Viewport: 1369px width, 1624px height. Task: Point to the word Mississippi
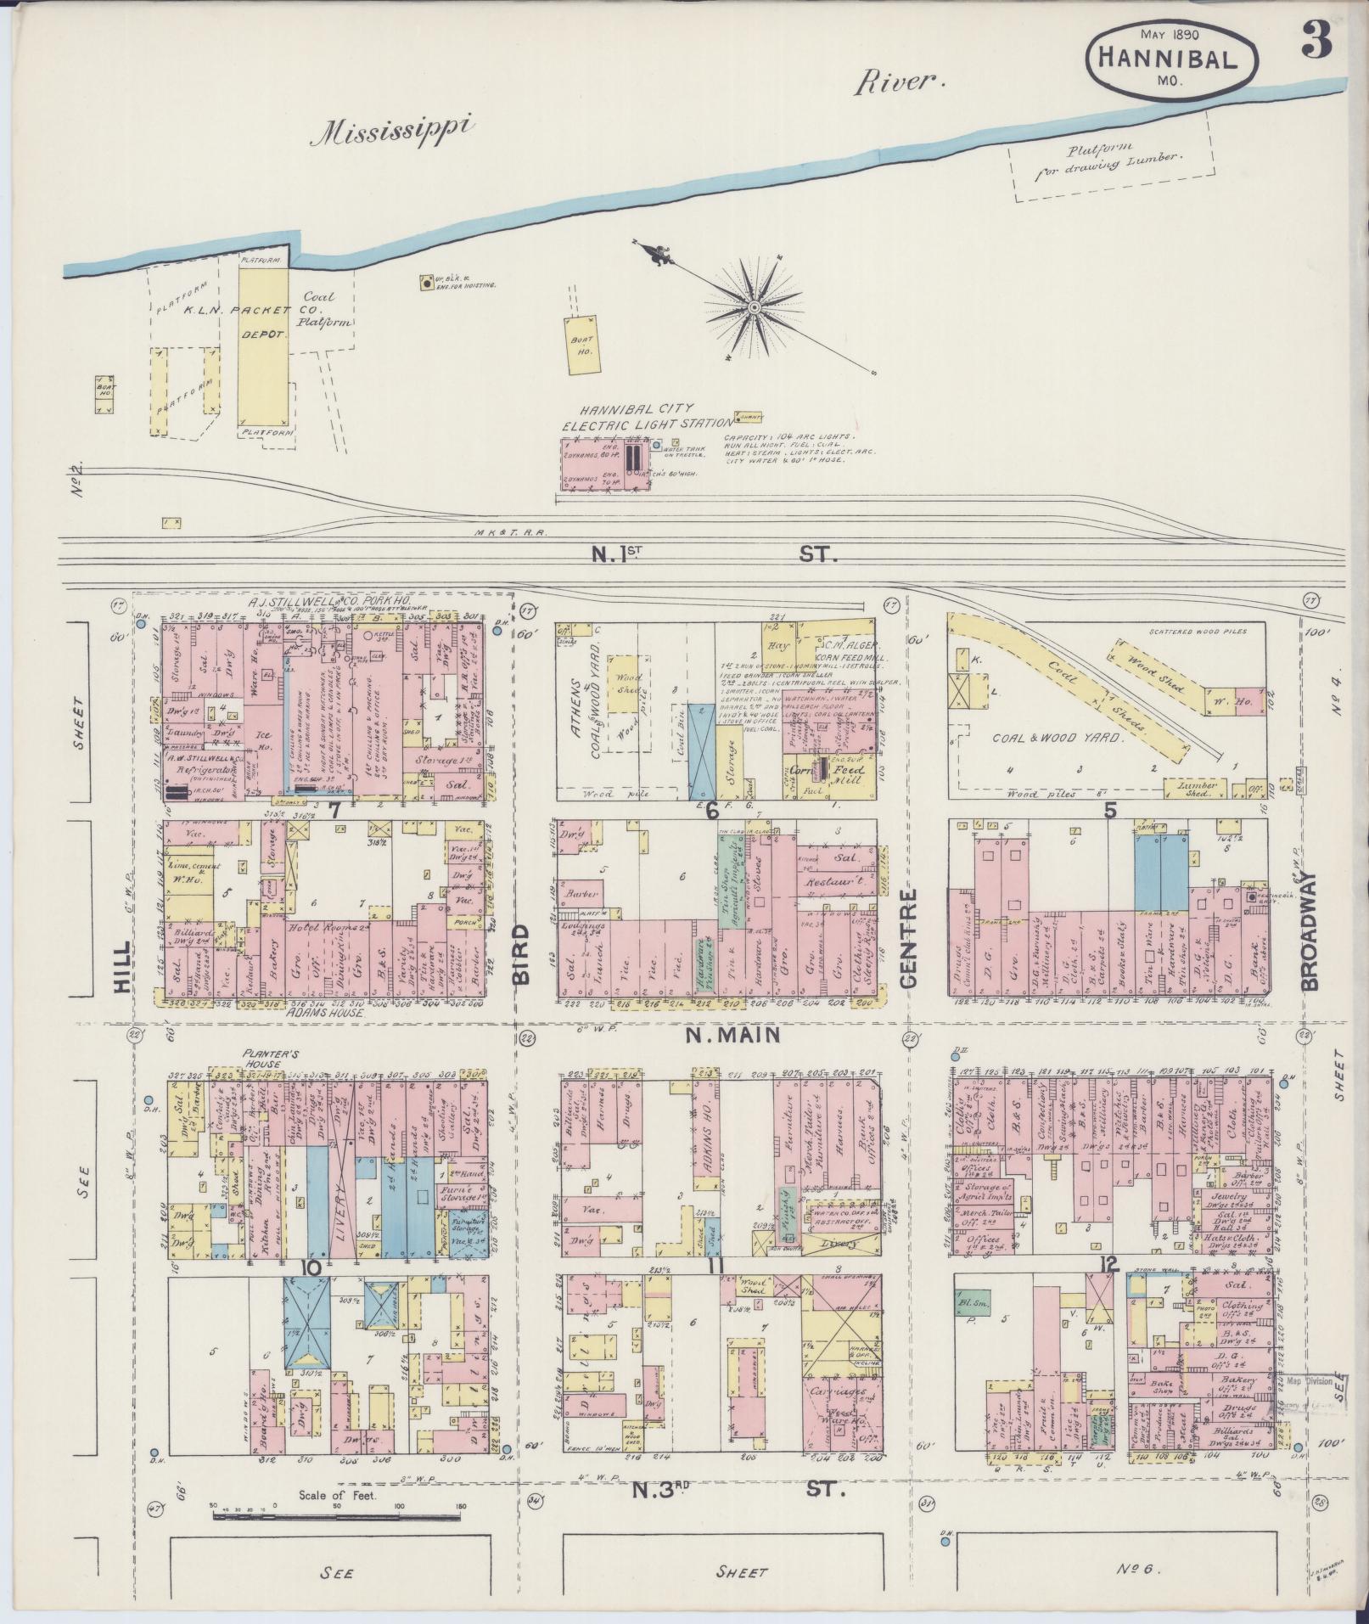pyautogui.click(x=396, y=132)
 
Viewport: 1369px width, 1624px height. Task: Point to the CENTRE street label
pyautogui.click(x=909, y=937)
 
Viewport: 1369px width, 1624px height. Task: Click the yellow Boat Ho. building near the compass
pyautogui.click(x=582, y=344)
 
